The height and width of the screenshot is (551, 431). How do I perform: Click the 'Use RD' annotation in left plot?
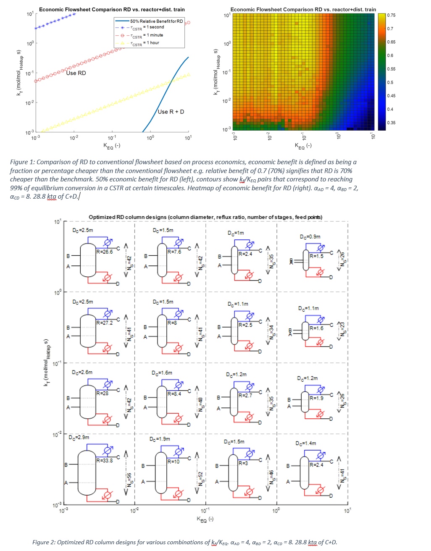click(x=76, y=73)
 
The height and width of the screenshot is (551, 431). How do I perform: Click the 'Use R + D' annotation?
click(x=171, y=112)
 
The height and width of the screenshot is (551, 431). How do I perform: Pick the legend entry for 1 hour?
click(x=145, y=43)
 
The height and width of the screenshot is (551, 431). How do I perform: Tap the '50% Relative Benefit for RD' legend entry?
click(x=156, y=21)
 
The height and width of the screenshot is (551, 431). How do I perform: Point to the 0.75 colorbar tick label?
click(x=391, y=15)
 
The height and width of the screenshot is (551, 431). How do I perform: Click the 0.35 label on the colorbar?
click(x=391, y=123)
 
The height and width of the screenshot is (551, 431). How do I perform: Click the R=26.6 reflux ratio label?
click(x=105, y=252)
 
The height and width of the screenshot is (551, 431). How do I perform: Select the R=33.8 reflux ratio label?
click(x=105, y=461)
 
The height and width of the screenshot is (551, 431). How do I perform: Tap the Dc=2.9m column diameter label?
click(x=79, y=437)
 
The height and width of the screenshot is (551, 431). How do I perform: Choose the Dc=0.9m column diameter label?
click(x=310, y=237)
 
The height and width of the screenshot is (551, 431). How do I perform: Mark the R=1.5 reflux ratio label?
click(x=316, y=256)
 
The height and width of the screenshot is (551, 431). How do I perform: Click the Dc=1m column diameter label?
click(x=236, y=233)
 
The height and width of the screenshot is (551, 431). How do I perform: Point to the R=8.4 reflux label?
click(x=174, y=394)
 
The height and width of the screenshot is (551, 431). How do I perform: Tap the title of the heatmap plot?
click(x=303, y=9)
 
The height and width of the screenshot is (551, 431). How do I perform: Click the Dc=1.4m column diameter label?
click(x=306, y=443)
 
